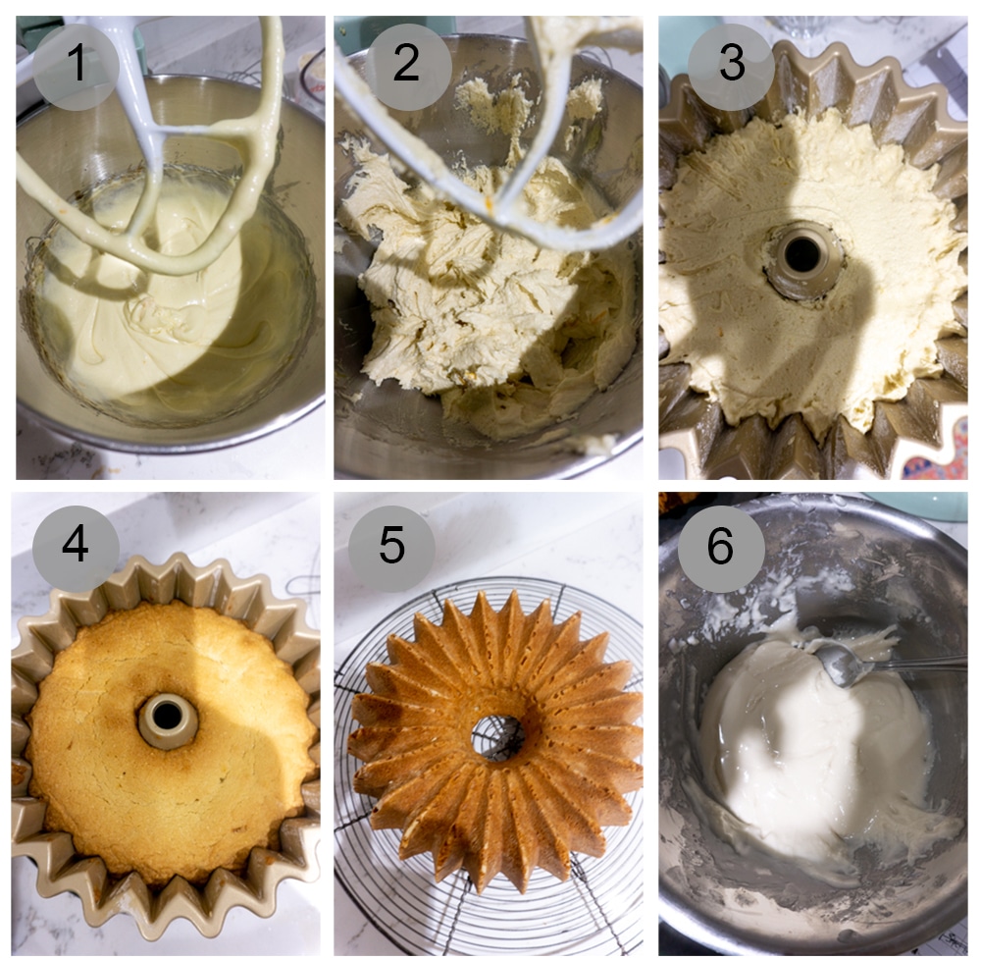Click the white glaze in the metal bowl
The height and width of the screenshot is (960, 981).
pyautogui.click(x=785, y=746)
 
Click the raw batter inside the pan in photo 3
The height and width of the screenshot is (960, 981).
pyautogui.click(x=726, y=324)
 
